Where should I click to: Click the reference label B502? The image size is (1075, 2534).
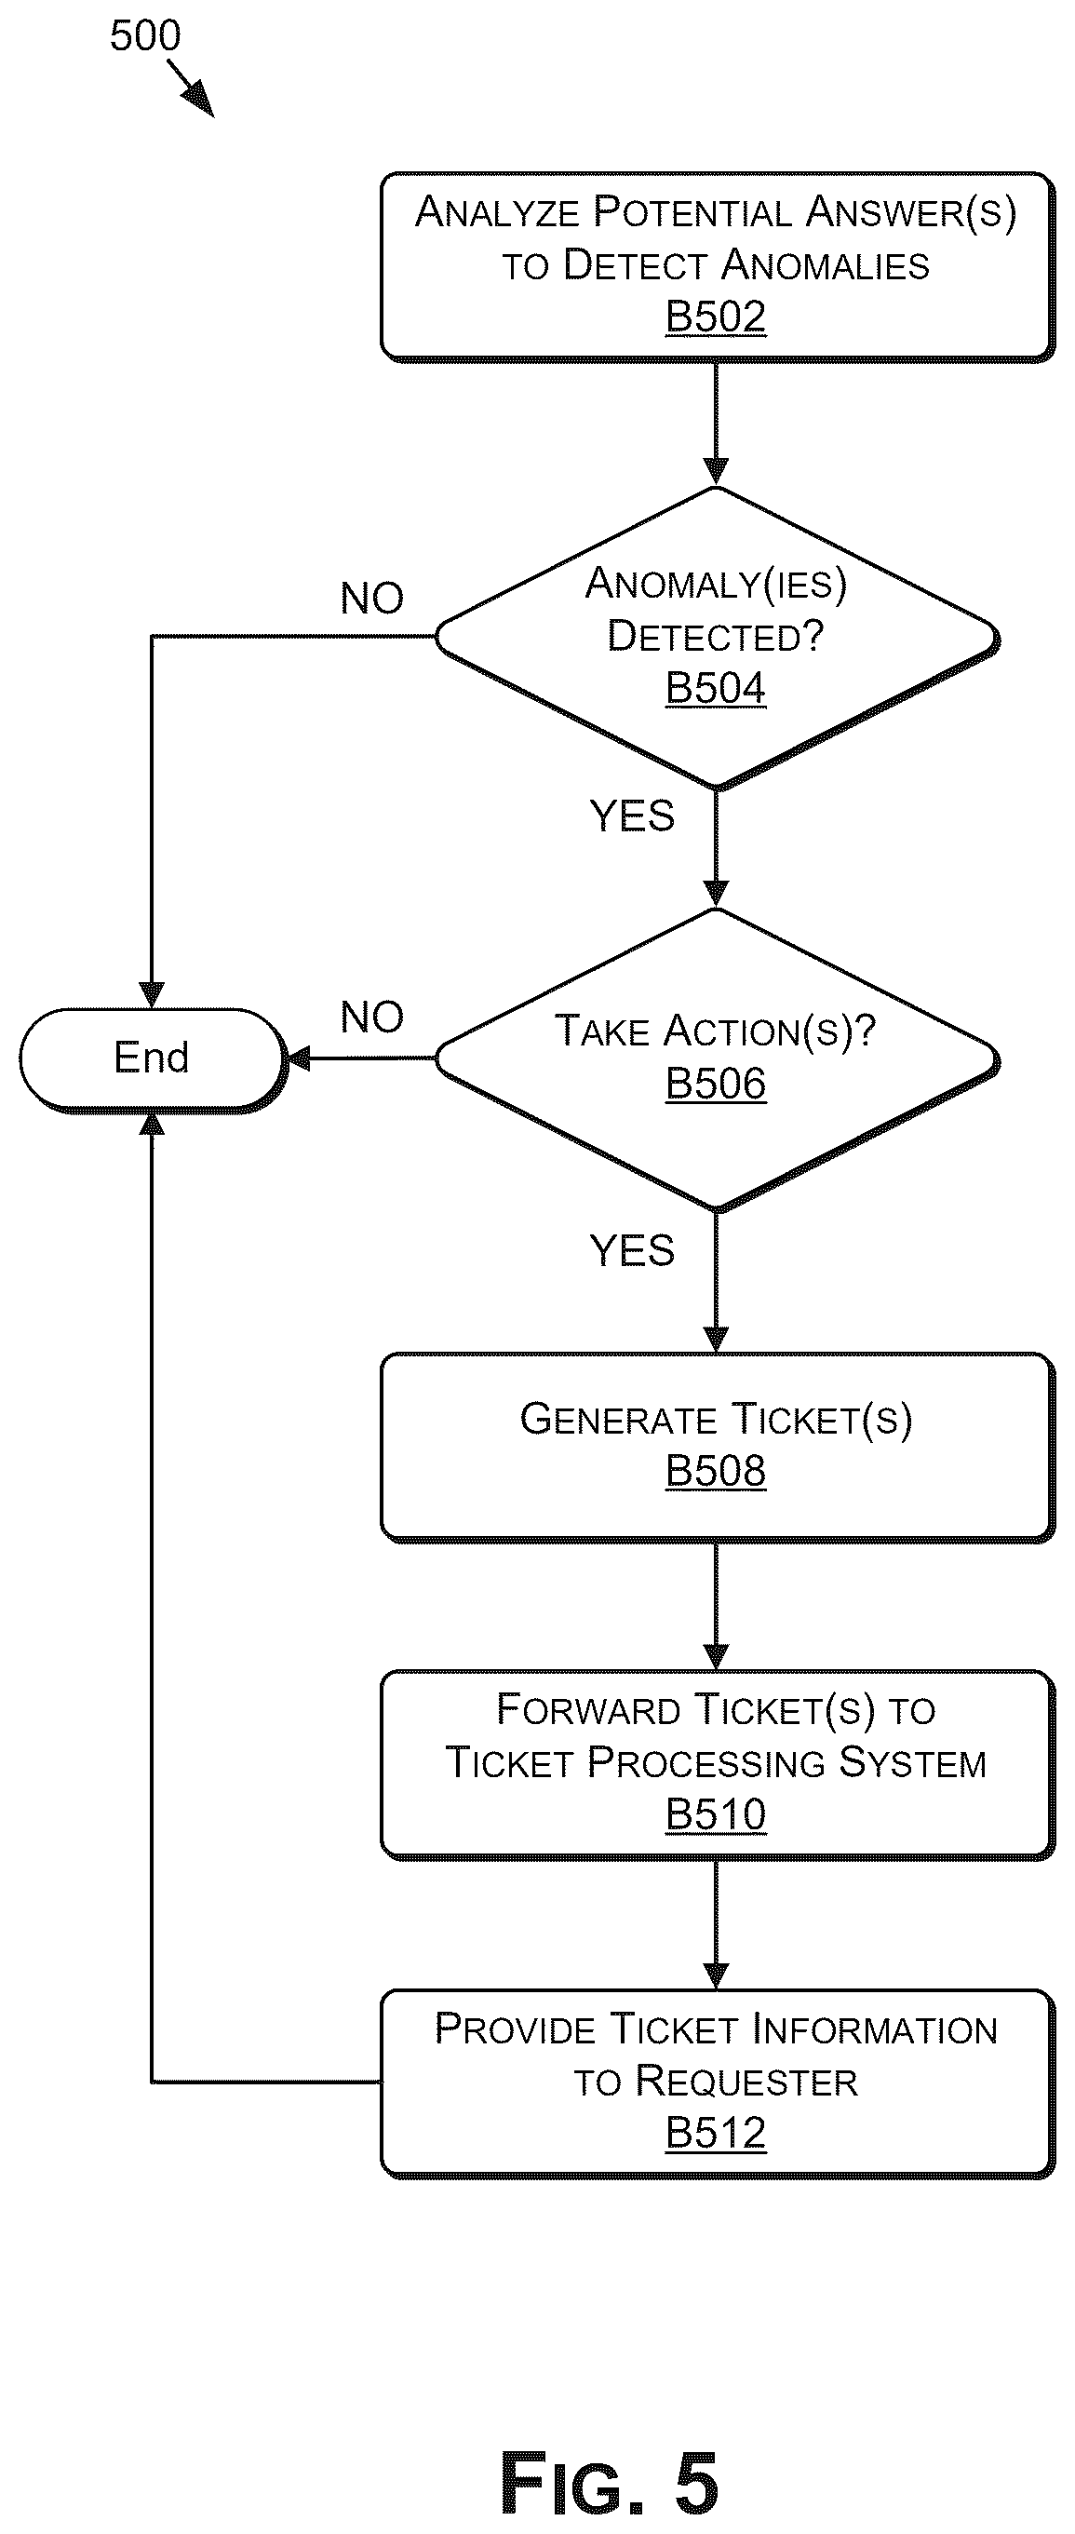pyautogui.click(x=715, y=317)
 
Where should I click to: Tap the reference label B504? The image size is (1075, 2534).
pyautogui.click(x=715, y=688)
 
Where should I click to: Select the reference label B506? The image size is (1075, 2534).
pyautogui.click(x=715, y=1083)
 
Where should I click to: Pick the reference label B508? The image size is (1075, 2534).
pyautogui.click(x=715, y=1471)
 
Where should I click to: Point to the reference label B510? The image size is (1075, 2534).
pyautogui.click(x=715, y=1815)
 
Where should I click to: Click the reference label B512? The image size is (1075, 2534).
pyautogui.click(x=715, y=2133)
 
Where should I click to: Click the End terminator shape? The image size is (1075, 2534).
pyautogui.click(x=152, y=1058)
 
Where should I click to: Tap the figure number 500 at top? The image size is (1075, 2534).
pyautogui.click(x=145, y=36)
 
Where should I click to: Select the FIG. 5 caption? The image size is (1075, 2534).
pyautogui.click(x=609, y=2483)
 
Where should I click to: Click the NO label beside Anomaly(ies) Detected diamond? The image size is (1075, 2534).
pyautogui.click(x=371, y=598)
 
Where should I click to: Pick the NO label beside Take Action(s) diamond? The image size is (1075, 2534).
pyautogui.click(x=371, y=1018)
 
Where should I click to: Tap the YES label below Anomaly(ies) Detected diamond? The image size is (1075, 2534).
pyautogui.click(x=631, y=815)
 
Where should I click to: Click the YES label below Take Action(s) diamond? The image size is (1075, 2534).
pyautogui.click(x=631, y=1250)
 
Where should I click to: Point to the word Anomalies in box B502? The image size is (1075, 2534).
pyautogui.click(x=826, y=264)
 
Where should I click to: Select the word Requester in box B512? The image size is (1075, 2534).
pyautogui.click(x=746, y=2081)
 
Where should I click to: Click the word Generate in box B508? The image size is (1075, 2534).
pyautogui.click(x=618, y=1419)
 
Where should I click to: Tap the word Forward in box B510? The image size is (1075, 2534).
pyautogui.click(x=588, y=1710)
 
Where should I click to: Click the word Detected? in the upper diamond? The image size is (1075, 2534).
pyautogui.click(x=715, y=636)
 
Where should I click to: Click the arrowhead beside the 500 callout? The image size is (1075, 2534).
pyautogui.click(x=200, y=101)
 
